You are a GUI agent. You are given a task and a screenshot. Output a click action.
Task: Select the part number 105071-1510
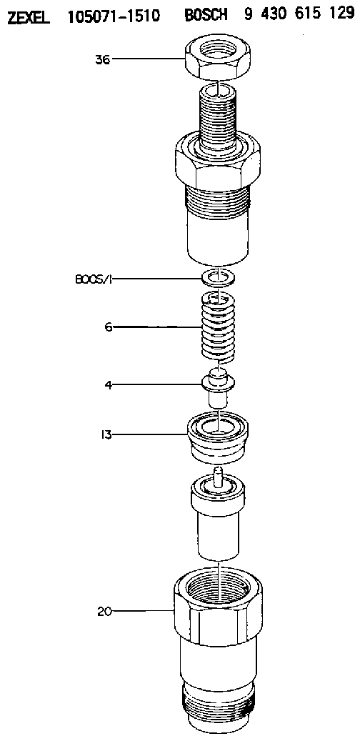pyautogui.click(x=114, y=16)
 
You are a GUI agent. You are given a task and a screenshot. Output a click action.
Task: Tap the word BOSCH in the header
pyautogui.click(x=206, y=15)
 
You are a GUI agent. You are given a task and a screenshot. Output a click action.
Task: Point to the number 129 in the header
pyautogui.click(x=339, y=14)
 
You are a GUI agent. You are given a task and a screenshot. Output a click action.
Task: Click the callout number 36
pyautogui.click(x=103, y=59)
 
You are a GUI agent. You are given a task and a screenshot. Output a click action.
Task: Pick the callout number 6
pyautogui.click(x=109, y=327)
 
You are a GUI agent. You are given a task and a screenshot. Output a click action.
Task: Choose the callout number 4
pyautogui.click(x=108, y=384)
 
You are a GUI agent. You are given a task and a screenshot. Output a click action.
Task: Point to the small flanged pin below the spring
pyautogui.click(x=218, y=387)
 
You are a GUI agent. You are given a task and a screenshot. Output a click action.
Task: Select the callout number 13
pyautogui.click(x=106, y=434)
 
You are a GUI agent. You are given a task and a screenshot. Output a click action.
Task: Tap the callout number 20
pyautogui.click(x=104, y=612)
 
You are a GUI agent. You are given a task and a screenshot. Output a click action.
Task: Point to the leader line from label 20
pyautogui.click(x=143, y=612)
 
